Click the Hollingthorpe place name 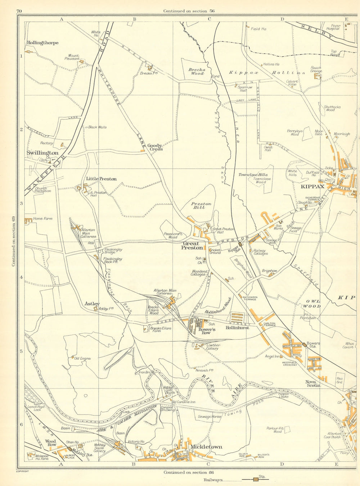tap(42, 43)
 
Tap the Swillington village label tap(42, 153)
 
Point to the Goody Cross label tap(155, 147)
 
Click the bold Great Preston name tap(192, 246)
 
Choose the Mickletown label tap(206, 447)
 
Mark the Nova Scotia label tap(312, 383)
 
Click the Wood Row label tap(51, 443)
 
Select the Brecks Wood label tap(197, 72)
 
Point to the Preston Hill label tap(201, 206)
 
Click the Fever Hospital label tap(333, 27)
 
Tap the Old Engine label tap(82, 358)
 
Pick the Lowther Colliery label tap(213, 347)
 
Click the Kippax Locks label tap(283, 396)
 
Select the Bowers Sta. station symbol tap(305, 345)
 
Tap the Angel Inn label tap(272, 356)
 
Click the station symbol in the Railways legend tap(256, 480)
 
